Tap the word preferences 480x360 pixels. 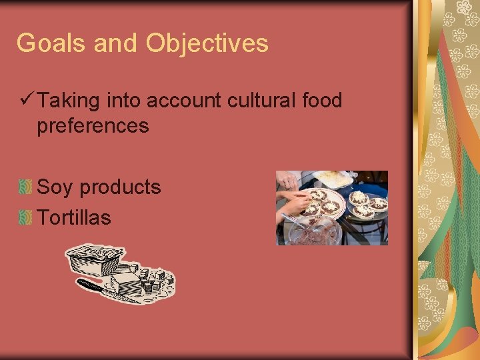[93, 125]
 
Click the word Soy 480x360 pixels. [55, 187]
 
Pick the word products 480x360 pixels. [120, 188]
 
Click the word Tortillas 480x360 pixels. [74, 217]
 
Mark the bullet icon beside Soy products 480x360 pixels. [26, 187]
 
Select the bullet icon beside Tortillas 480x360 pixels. [26, 217]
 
